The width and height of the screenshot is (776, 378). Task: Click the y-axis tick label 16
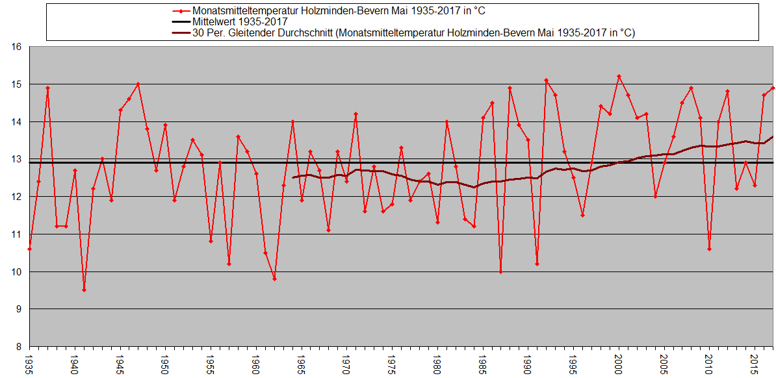point(17,47)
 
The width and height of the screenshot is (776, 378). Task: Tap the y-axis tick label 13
point(17,159)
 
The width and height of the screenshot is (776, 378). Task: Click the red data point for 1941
point(84,290)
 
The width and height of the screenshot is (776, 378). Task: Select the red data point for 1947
point(138,84)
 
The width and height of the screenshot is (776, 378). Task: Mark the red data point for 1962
point(274,279)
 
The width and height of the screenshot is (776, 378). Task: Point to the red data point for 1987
point(500,271)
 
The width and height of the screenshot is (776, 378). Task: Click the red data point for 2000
point(619,76)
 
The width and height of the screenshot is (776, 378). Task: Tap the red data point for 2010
point(709,249)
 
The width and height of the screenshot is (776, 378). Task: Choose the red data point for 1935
point(29,249)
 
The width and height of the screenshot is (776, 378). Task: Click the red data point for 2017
point(773,88)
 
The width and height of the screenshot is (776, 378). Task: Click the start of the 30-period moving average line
point(293,177)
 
